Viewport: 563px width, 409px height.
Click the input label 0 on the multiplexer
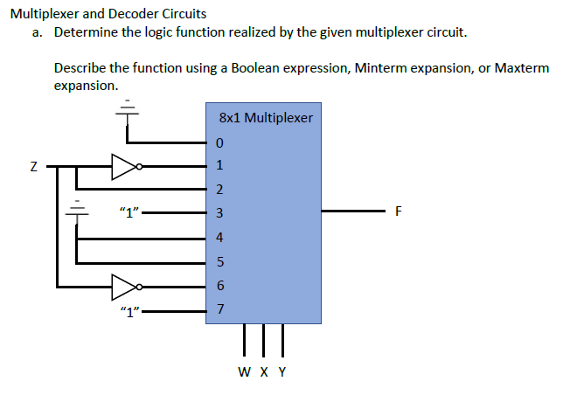click(219, 142)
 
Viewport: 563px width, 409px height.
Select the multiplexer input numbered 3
click(219, 213)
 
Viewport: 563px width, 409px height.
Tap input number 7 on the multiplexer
click(219, 309)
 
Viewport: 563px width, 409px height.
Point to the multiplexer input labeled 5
click(219, 261)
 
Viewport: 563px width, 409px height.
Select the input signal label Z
click(33, 165)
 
